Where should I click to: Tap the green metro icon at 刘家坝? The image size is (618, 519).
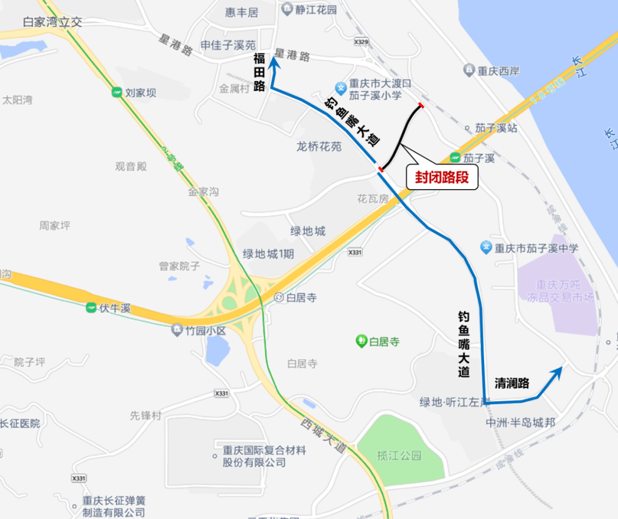pyautogui.click(x=117, y=92)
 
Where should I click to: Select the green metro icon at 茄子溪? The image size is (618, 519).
pyautogui.click(x=455, y=157)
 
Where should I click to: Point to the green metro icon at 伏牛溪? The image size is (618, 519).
pyautogui.click(x=91, y=308)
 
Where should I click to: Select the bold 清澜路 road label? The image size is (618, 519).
pyautogui.click(x=512, y=383)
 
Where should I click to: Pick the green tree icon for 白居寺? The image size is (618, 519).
pyautogui.click(x=361, y=342)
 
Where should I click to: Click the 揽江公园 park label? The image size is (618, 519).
pyautogui.click(x=399, y=456)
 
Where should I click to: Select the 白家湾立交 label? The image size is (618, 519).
pyautogui.click(x=53, y=22)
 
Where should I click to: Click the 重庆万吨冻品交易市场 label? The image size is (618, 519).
pyautogui.click(x=561, y=290)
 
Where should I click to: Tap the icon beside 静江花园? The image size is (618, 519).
pyautogui.click(x=287, y=9)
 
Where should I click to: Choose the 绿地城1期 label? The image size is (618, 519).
pyautogui.click(x=268, y=254)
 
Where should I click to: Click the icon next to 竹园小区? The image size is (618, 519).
pyautogui.click(x=177, y=330)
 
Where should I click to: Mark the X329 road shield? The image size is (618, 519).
pyautogui.click(x=361, y=42)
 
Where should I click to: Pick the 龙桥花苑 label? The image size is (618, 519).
pyautogui.click(x=319, y=146)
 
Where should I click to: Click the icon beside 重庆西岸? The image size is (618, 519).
pyautogui.click(x=469, y=70)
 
